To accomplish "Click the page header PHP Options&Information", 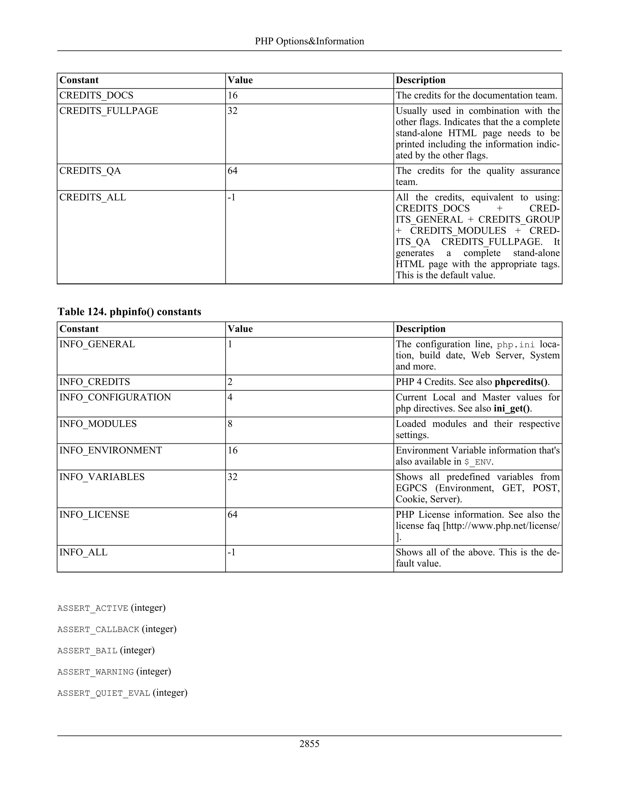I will pyautogui.click(x=309, y=41).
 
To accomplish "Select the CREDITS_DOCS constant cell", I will pyautogui.click(x=96, y=95).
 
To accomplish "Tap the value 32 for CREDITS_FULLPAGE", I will pyautogui.click(x=232, y=111).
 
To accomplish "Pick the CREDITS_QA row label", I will pyautogui.click(x=90, y=171).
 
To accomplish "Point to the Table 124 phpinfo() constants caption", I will pyautogui.click(x=129, y=312).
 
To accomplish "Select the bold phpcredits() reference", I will pyautogui.click(x=521, y=382).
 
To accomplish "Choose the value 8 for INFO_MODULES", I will pyautogui.click(x=230, y=424).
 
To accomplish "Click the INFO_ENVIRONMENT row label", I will pyautogui.click(x=110, y=450).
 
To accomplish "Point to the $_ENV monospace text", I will pyautogui.click(x=478, y=462).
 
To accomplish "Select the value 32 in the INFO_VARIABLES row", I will pyautogui.click(x=232, y=477).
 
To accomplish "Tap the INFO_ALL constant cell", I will pyautogui.click(x=83, y=552).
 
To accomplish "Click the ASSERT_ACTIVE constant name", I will pyautogui.click(x=92, y=608).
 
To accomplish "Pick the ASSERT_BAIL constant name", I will pyautogui.click(x=87, y=651).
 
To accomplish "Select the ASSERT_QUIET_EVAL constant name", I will pyautogui.click(x=103, y=693).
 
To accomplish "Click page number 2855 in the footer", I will pyautogui.click(x=309, y=744).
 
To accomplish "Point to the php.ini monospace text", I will pyautogui.click(x=516, y=345).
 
